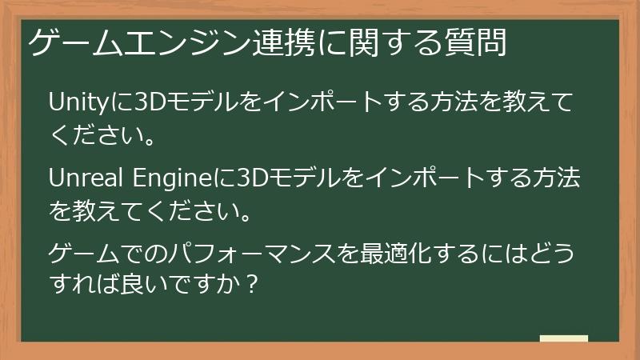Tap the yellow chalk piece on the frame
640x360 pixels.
(x=564, y=338)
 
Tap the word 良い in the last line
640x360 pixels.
(x=146, y=286)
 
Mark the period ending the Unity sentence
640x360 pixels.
(x=146, y=138)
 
